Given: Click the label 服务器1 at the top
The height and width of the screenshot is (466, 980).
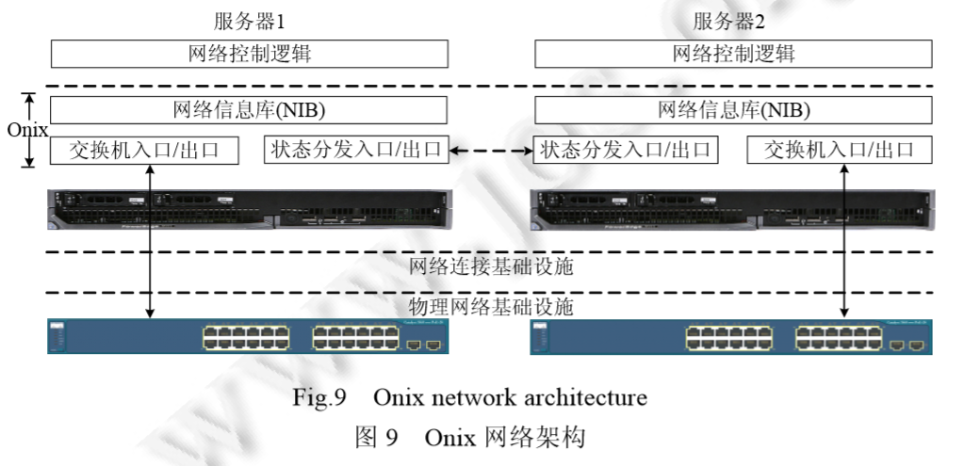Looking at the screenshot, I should point(250,20).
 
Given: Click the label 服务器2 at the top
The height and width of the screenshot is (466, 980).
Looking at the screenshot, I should point(733,20).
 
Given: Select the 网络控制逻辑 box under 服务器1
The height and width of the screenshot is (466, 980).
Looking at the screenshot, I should point(250,53).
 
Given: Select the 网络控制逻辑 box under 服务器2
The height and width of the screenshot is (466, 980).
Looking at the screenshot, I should point(733,53).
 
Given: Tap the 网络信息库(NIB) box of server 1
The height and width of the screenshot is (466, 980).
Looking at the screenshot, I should point(250,109).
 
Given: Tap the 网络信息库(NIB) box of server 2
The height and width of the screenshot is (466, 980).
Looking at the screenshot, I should point(733,109).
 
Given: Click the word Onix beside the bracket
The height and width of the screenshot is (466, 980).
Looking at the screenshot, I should point(27,130).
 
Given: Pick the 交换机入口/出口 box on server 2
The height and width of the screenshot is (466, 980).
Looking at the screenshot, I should point(840,150).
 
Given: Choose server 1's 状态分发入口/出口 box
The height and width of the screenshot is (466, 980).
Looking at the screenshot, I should point(356,150).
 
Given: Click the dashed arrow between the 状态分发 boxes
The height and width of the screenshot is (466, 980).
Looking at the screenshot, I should point(490,150).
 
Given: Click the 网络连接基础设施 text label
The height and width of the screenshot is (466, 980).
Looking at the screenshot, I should point(491,266).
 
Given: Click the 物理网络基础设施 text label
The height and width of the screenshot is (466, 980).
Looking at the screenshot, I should point(491,307).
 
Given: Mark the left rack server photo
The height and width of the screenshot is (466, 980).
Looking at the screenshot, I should point(250,209).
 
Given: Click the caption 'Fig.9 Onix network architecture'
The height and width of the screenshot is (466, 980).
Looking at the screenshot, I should point(469,397).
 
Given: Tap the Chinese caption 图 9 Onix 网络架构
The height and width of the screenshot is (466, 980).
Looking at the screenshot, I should point(469,437).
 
